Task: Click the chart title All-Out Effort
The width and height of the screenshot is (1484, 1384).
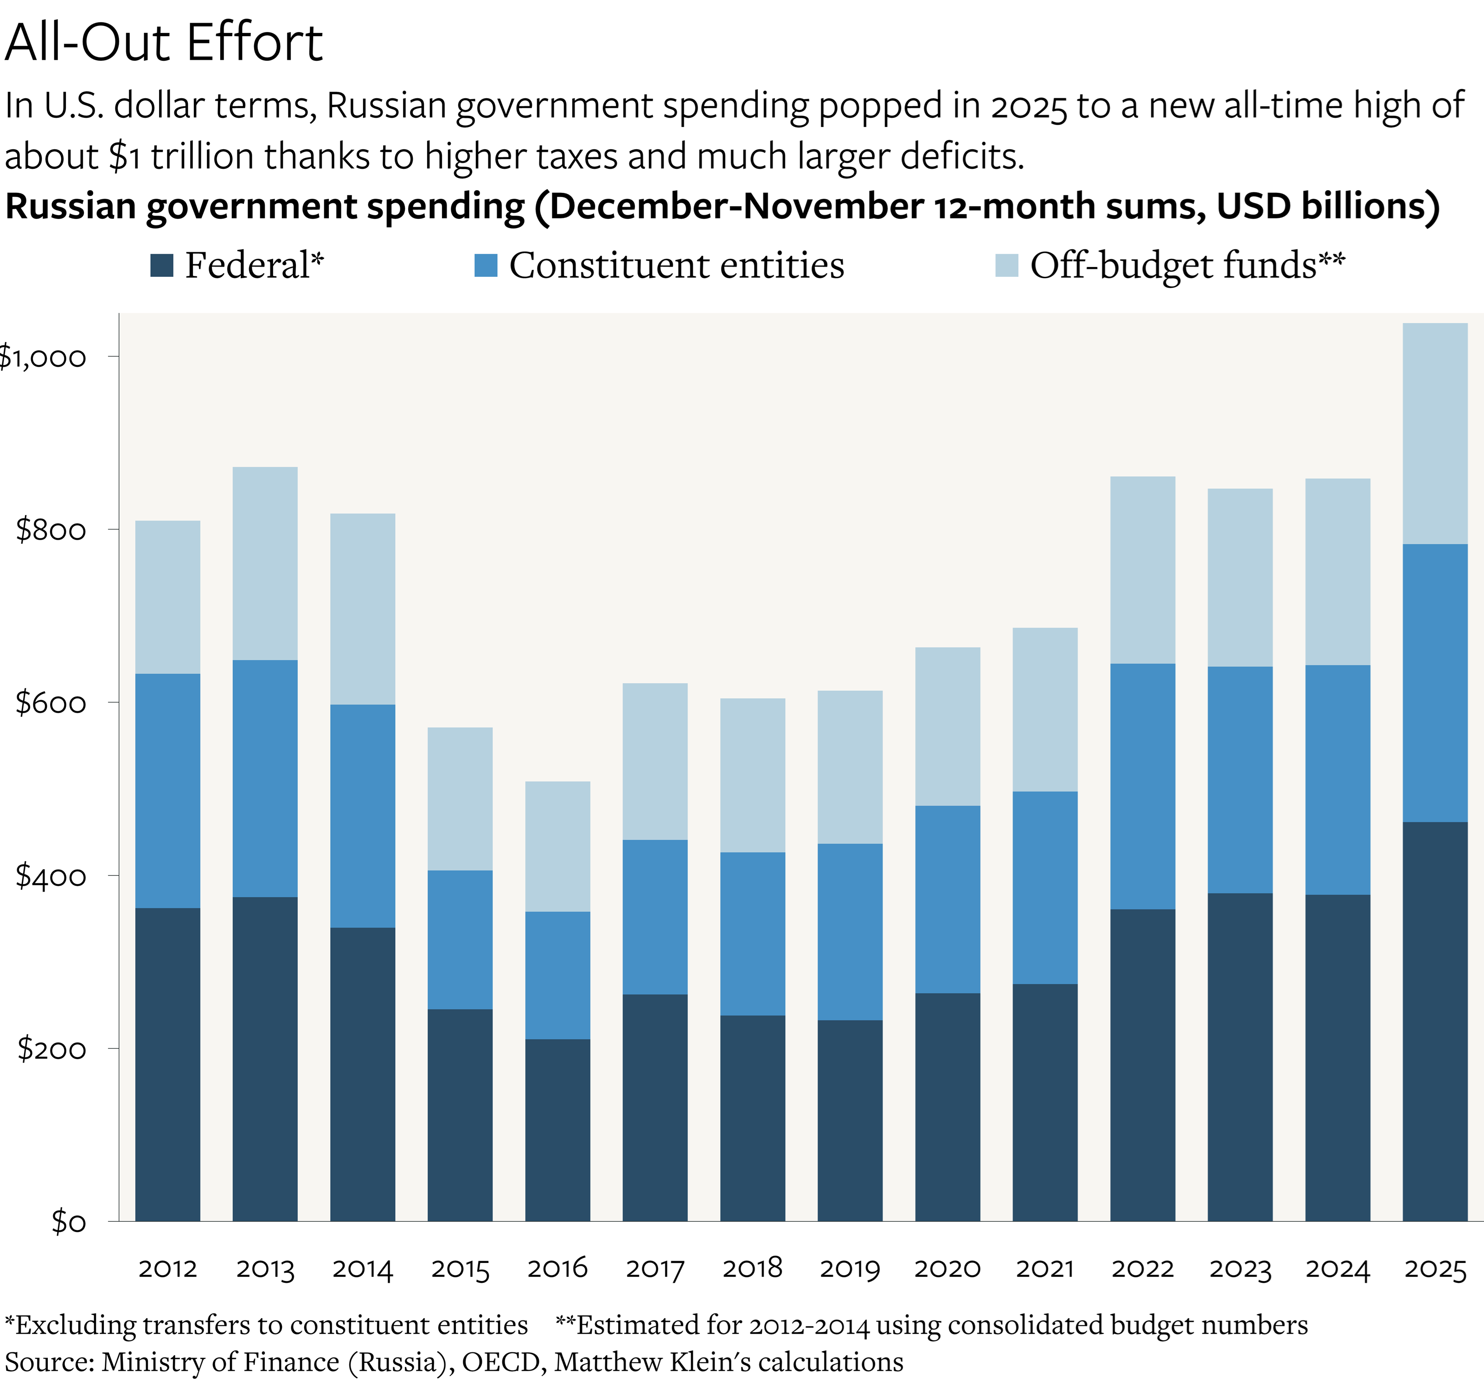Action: click(x=164, y=43)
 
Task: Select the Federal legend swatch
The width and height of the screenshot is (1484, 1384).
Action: click(x=161, y=265)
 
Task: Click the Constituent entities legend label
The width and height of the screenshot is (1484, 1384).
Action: click(x=676, y=265)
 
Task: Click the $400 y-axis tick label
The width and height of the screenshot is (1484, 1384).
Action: click(x=51, y=876)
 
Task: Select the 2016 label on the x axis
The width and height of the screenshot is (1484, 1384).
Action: click(x=557, y=1268)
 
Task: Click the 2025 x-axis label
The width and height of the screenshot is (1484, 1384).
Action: click(x=1435, y=1268)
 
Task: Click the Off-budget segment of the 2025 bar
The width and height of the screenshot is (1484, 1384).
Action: click(x=1435, y=433)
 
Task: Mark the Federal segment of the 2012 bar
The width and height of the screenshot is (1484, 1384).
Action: click(x=167, y=1064)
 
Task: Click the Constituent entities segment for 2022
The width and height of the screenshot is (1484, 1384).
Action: click(x=1142, y=785)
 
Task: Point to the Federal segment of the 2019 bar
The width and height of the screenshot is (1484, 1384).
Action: click(x=850, y=1120)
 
